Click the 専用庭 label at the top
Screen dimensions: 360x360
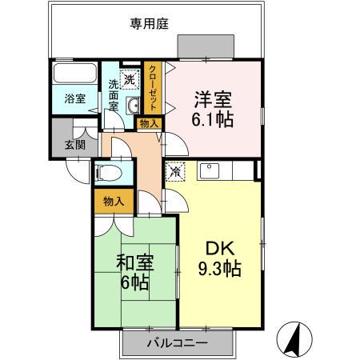coord(149,23)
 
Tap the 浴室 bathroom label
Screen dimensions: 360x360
coord(75,99)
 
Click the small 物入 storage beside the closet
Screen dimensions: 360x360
coord(149,123)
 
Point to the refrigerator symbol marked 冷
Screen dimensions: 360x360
coord(174,170)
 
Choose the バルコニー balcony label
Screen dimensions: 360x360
coord(178,342)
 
